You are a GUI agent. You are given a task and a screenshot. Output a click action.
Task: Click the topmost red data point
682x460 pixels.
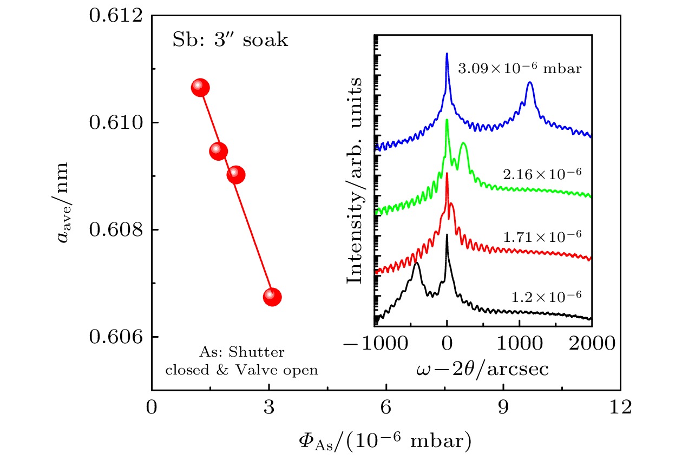point(200,88)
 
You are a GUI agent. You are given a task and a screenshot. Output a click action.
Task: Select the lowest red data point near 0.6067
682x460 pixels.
point(272,297)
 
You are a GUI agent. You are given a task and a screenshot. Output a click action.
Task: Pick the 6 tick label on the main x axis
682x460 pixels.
point(386,406)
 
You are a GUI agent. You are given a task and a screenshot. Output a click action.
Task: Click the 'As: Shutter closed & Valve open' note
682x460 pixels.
point(241,362)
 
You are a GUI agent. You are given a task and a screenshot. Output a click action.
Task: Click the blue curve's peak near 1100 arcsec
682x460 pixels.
point(530,83)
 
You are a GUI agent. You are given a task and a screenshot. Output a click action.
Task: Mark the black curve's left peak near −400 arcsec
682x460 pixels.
point(416,264)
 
